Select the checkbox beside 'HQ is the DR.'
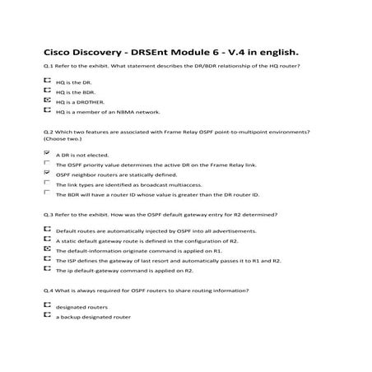46,81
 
